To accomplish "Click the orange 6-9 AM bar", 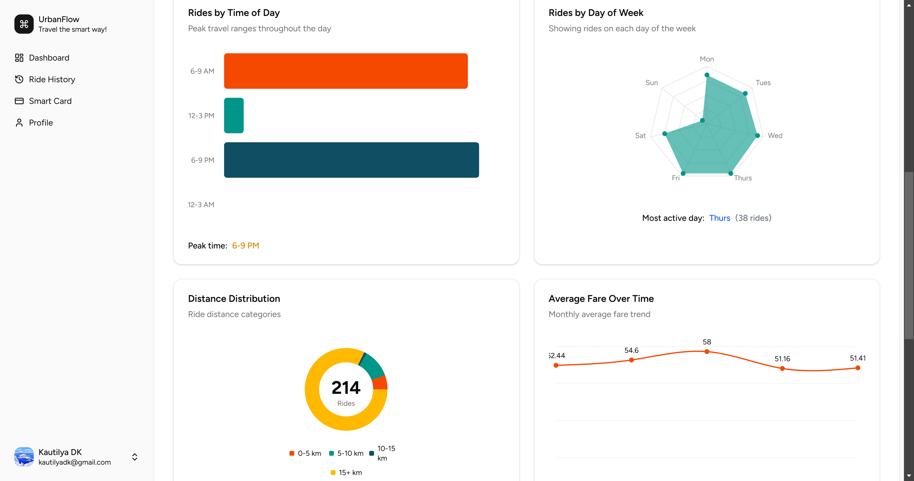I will point(346,71).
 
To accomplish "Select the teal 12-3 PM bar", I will point(234,116).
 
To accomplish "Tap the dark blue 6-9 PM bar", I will point(351,160).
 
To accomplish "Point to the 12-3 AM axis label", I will point(201,205).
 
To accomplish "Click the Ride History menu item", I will point(52,79).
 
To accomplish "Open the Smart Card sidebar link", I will point(50,101).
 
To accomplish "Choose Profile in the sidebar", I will point(41,123).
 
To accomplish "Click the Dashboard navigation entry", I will point(49,58).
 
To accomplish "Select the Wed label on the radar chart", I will point(775,135).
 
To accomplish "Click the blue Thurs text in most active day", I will point(720,218).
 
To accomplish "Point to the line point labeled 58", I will point(707,352).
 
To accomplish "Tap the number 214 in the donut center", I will point(346,387).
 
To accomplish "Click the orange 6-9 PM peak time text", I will point(246,246).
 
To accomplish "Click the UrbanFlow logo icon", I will point(24,24).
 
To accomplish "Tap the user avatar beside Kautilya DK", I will point(24,457).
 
